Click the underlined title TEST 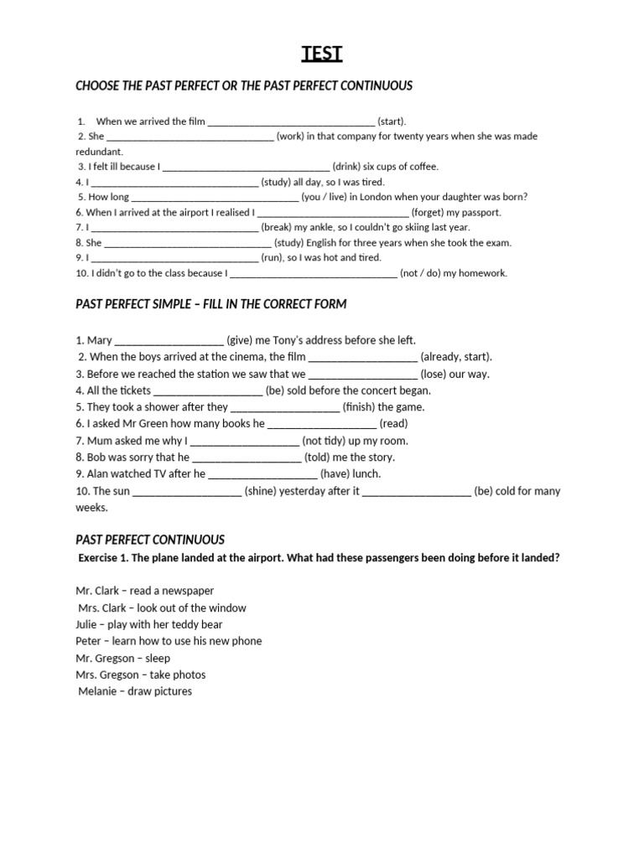pyautogui.click(x=322, y=54)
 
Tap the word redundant pyautogui.click(x=99, y=152)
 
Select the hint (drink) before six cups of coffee pyautogui.click(x=350, y=167)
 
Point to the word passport pyautogui.click(x=480, y=213)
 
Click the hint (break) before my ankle pyautogui.click(x=276, y=227)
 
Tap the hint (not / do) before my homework pyautogui.click(x=420, y=273)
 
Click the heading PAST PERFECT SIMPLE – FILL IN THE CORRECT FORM pyautogui.click(x=210, y=303)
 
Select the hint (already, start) pyautogui.click(x=456, y=357)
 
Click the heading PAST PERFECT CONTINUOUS pyautogui.click(x=150, y=540)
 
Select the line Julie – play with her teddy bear pyautogui.click(x=148, y=624)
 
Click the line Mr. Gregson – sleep pyautogui.click(x=122, y=658)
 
